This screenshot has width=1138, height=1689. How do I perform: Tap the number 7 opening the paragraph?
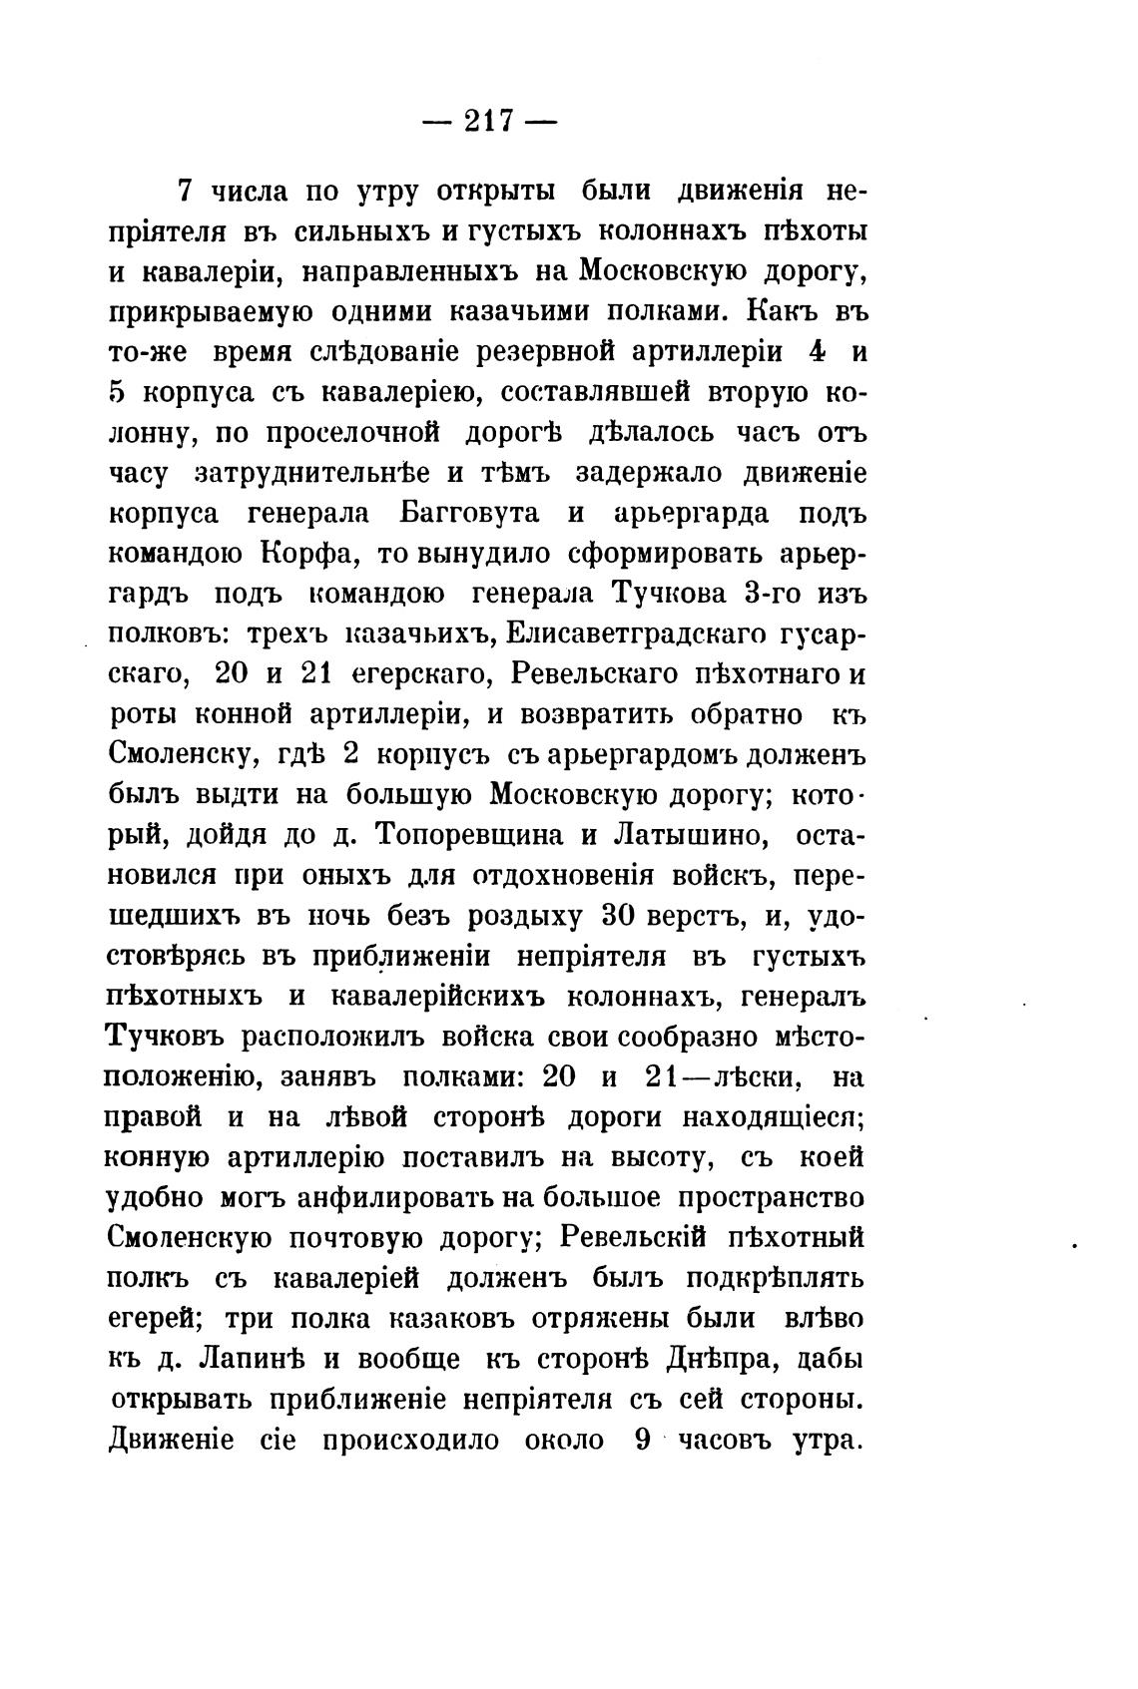click(184, 190)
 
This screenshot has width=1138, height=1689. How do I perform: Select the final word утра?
click(827, 1440)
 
